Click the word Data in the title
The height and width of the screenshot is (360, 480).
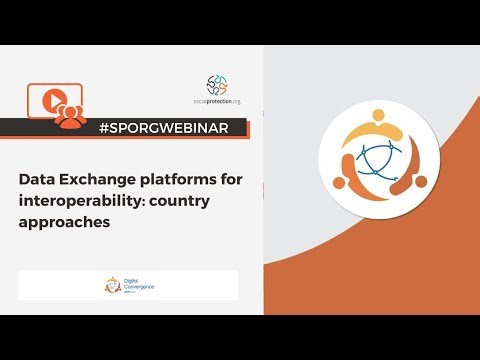(x=37, y=179)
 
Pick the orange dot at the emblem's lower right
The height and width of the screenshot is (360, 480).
(x=420, y=183)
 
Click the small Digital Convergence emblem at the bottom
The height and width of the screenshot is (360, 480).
(x=113, y=285)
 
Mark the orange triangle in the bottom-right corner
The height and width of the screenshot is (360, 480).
(x=440, y=280)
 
